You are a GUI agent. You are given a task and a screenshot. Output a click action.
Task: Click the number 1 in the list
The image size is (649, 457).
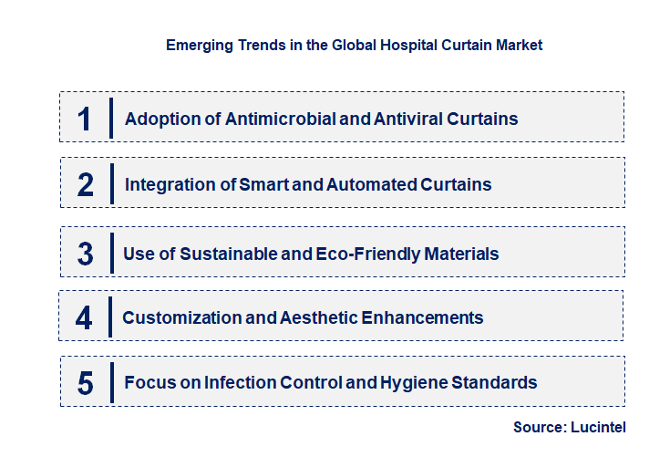(85, 119)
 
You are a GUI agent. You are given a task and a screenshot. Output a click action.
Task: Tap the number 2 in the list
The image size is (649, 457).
(86, 184)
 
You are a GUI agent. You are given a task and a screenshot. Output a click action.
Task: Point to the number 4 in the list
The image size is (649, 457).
(84, 318)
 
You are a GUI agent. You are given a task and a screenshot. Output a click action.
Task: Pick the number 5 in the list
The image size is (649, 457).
(85, 383)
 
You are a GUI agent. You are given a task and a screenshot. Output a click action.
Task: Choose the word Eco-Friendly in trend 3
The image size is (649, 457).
(365, 254)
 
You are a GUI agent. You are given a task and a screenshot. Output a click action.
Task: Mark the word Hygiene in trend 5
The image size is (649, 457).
(425, 383)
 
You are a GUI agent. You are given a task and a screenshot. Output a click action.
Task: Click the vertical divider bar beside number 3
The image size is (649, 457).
(109, 253)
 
